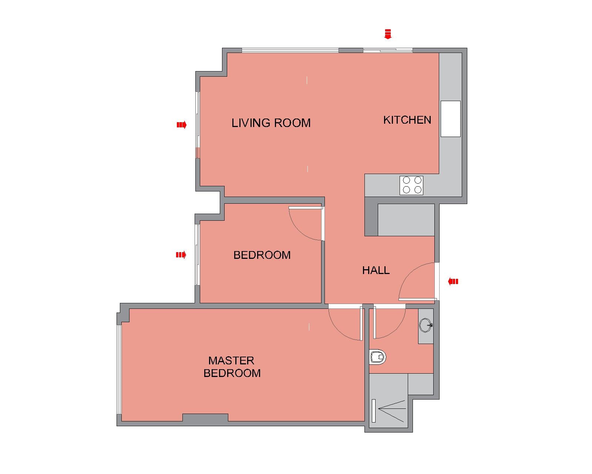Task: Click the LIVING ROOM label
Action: coord(271,123)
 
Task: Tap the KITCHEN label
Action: coord(407,120)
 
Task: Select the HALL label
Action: coord(376,270)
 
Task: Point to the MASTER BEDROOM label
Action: coord(232,367)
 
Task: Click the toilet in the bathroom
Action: coord(378,357)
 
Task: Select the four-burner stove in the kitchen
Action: coord(411,186)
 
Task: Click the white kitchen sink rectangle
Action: coord(450,119)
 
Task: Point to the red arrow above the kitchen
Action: coord(388,34)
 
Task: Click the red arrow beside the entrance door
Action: coord(453,281)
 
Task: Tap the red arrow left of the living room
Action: coord(182,125)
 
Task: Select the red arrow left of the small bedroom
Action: coord(181,255)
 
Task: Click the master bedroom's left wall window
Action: coord(119,370)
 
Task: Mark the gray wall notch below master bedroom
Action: coord(205,418)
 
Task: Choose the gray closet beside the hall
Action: coord(406,220)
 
